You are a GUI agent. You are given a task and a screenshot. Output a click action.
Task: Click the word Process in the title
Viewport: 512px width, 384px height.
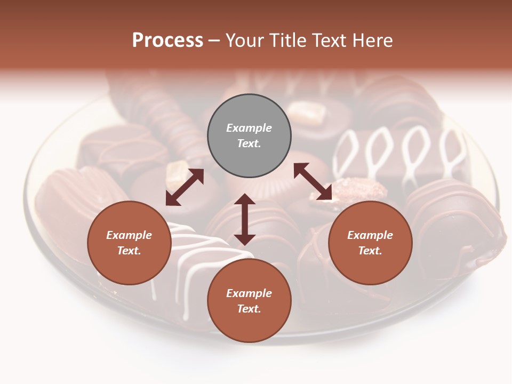tap(167, 41)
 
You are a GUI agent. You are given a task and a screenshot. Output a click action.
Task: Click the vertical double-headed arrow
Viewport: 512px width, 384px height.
tap(245, 219)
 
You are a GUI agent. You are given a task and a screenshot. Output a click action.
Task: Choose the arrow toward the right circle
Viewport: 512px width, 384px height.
tap(313, 181)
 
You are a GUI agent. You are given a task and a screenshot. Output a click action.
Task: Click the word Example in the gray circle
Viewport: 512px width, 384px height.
tap(249, 128)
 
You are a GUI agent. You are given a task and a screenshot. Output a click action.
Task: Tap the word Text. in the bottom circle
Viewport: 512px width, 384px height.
tap(249, 309)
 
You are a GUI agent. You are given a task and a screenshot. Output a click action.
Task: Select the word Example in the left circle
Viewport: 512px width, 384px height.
tap(129, 235)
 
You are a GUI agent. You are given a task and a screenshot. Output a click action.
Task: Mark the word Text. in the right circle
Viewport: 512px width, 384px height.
tap(370, 251)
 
